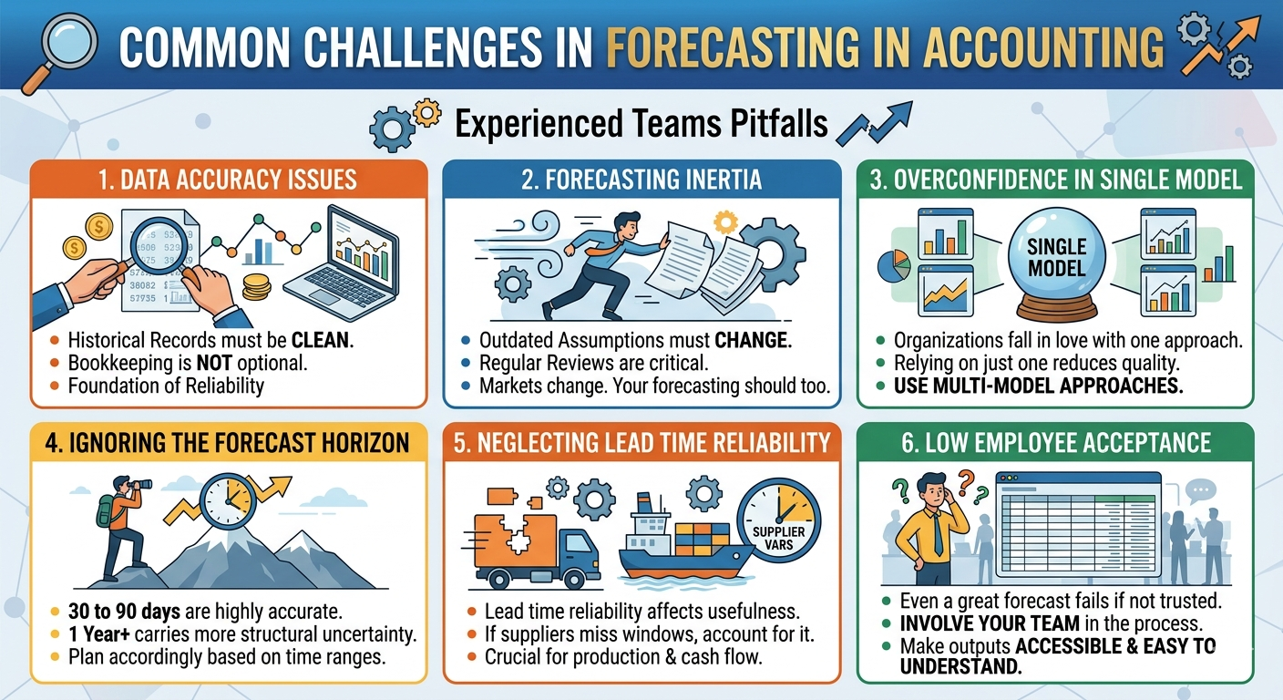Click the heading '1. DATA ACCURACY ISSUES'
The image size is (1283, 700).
(228, 180)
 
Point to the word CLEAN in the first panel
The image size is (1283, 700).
(323, 340)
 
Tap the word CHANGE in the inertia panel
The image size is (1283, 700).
(754, 340)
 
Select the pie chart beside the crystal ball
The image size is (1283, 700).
(894, 266)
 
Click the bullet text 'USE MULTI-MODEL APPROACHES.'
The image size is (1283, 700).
(1039, 386)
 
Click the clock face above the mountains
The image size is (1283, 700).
(228, 500)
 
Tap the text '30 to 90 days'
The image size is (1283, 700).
(124, 612)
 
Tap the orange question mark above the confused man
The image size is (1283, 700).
(967, 482)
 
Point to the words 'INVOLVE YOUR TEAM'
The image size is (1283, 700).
(990, 623)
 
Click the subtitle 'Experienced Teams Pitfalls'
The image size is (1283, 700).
(641, 124)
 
